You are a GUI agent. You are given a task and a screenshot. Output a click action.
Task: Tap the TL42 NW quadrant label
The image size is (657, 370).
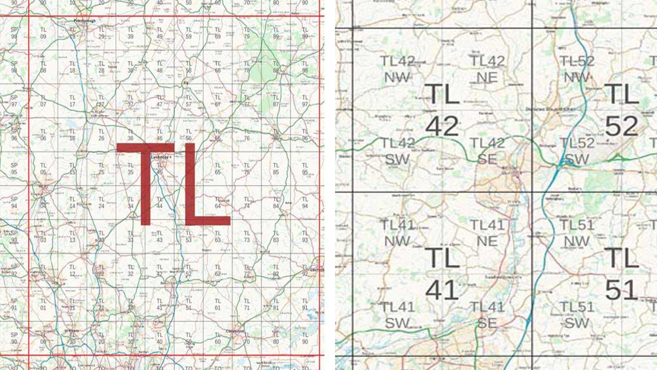pos(397,69)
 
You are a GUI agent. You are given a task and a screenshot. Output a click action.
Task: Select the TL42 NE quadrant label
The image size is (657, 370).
pos(487,69)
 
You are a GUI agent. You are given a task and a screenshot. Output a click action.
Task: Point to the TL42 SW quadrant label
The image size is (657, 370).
pos(397,151)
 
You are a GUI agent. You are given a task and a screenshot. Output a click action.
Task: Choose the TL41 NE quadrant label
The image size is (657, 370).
pos(487,233)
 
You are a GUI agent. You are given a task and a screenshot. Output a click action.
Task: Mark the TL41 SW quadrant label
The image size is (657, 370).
pos(397,314)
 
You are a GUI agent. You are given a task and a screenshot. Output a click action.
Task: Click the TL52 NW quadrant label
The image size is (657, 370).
pos(577,69)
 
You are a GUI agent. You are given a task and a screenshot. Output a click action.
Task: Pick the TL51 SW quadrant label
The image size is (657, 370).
pos(577,314)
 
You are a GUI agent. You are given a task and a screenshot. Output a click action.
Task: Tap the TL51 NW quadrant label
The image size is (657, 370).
pos(577,233)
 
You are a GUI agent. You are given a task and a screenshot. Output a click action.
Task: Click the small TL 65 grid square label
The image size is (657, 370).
pos(218,169)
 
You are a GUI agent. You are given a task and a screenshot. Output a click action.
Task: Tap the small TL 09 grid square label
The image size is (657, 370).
pos(43,33)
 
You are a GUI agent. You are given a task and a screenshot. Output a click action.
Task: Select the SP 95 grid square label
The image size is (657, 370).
pos(14,169)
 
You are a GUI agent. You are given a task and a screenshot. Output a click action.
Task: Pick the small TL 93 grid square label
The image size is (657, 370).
pos(305,236)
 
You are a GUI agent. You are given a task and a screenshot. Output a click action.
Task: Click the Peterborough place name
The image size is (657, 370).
pos(85,21)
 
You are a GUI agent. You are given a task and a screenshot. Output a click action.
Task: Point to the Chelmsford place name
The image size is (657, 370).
pos(235,331)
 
